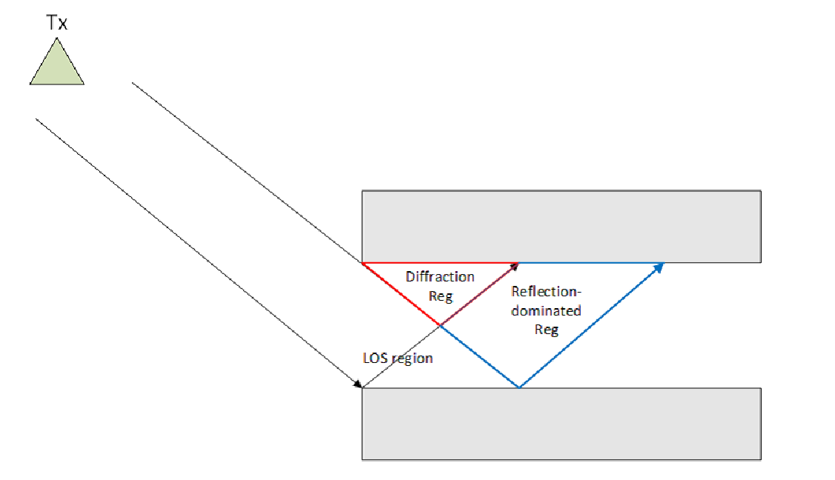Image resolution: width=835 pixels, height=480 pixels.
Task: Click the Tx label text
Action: coord(57,23)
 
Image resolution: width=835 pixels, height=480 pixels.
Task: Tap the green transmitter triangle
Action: coord(57,66)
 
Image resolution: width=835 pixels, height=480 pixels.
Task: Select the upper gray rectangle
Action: coord(562,227)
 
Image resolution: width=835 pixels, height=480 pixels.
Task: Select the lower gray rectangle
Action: coord(562,424)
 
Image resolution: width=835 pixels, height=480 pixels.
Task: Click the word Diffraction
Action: coord(440,277)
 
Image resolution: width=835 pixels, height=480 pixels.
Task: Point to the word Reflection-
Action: coord(546,292)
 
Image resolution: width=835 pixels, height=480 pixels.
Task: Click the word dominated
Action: coord(546,311)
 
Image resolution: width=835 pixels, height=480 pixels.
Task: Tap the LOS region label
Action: coord(397,359)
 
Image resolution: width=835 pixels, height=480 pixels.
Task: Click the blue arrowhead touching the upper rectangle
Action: coord(659,267)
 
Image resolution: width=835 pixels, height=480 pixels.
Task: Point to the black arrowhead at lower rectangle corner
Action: coord(357,384)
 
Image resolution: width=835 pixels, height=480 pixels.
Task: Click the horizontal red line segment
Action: coord(440,263)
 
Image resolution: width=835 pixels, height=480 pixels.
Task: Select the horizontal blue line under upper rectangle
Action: coord(591,263)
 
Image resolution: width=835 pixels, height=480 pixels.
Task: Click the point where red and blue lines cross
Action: coord(440,325)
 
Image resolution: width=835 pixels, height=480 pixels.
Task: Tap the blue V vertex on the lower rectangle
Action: coord(519,387)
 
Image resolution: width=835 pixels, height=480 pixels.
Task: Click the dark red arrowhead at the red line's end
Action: coord(514,266)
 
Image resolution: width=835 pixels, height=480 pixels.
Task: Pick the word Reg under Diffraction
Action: coord(440,296)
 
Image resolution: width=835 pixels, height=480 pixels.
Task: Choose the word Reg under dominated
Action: coord(546,330)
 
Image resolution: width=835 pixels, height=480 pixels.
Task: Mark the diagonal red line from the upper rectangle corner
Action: coord(401,294)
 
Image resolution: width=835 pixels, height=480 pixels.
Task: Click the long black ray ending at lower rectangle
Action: coord(199,253)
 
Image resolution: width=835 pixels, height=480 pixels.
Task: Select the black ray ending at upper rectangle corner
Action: coord(247,173)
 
